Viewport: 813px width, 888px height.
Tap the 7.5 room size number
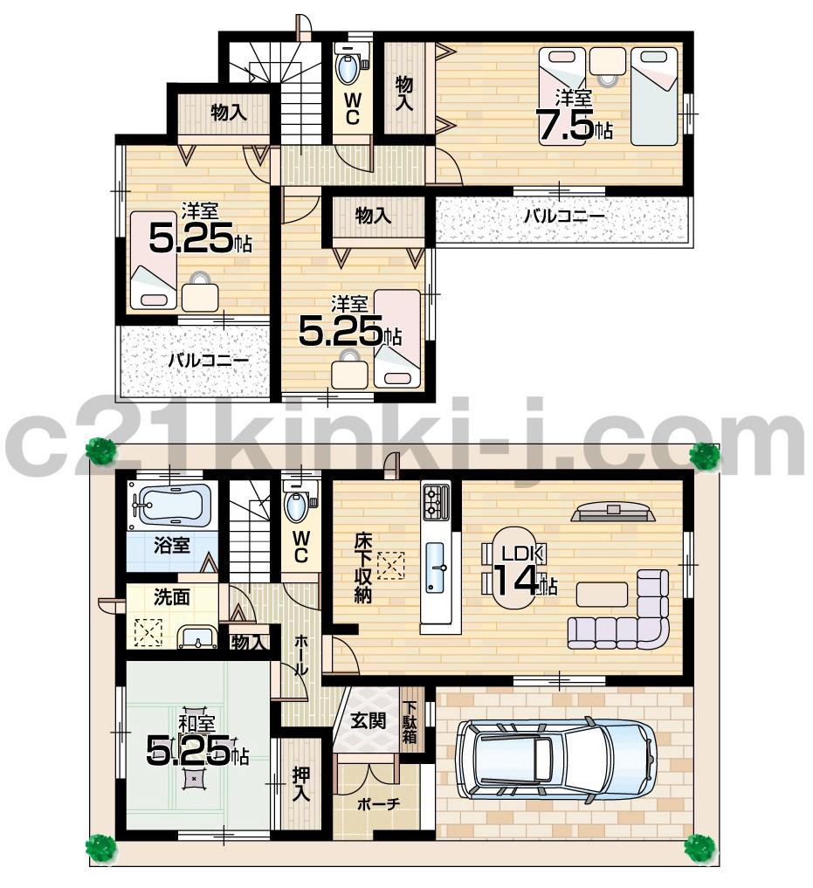tap(566, 126)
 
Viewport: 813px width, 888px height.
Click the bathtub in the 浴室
tap(175, 506)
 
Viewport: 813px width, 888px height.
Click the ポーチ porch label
tap(377, 804)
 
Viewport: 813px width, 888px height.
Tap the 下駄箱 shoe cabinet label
tap(410, 721)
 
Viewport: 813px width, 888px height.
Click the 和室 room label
tap(197, 724)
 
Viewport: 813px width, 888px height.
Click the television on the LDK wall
tap(613, 512)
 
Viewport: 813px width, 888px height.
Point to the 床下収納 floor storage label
tap(363, 568)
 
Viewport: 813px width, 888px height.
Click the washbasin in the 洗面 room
tap(198, 637)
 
